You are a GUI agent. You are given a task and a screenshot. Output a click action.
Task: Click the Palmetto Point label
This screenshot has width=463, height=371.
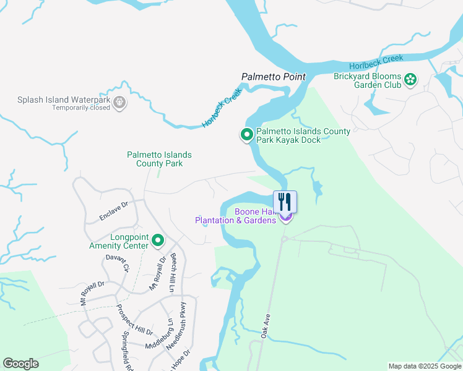(273, 77)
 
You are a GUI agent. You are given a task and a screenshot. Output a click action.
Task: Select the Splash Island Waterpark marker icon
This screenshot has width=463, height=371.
(120, 103)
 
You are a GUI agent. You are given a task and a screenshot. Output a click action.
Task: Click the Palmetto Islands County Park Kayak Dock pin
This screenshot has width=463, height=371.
(246, 134)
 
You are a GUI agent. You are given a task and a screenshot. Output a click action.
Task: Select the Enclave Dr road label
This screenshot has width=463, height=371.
(113, 210)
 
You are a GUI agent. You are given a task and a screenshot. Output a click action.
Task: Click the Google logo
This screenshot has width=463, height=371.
(20, 364)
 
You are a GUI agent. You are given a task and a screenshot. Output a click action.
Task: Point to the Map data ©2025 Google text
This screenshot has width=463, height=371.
(424, 366)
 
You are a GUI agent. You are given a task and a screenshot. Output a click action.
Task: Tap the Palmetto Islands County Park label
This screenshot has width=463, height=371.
(159, 159)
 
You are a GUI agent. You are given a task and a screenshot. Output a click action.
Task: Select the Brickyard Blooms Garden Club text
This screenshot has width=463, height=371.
(368, 80)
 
